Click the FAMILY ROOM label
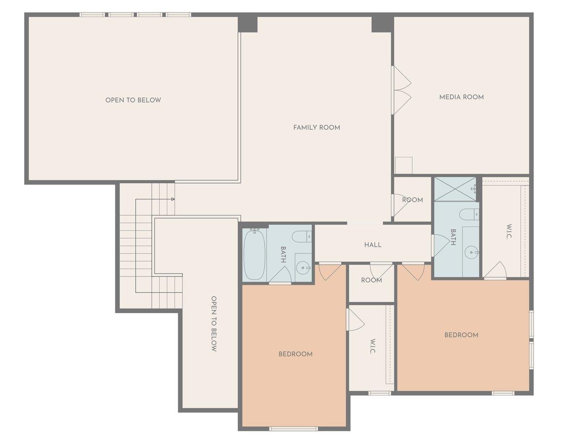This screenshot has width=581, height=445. pos(317,127)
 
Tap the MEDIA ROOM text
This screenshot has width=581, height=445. pos(461,97)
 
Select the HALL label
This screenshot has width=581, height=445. pos(373,245)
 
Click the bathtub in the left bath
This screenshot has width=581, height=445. pos(254,254)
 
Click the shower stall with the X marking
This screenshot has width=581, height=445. pos(455,189)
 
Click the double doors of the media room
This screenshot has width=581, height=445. pos(401,91)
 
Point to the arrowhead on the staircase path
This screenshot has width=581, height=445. pos(173,199)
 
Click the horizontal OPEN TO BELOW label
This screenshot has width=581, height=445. pos(133,100)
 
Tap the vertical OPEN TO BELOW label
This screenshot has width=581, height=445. pos(214,324)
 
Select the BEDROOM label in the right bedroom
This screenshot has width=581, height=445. pos(461,335)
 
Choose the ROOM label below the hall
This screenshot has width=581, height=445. pos(371,280)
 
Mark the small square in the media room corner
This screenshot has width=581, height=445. pos(403,165)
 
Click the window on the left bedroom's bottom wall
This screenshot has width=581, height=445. pos(293,429)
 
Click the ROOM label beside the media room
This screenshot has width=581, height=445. pos(413,199)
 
